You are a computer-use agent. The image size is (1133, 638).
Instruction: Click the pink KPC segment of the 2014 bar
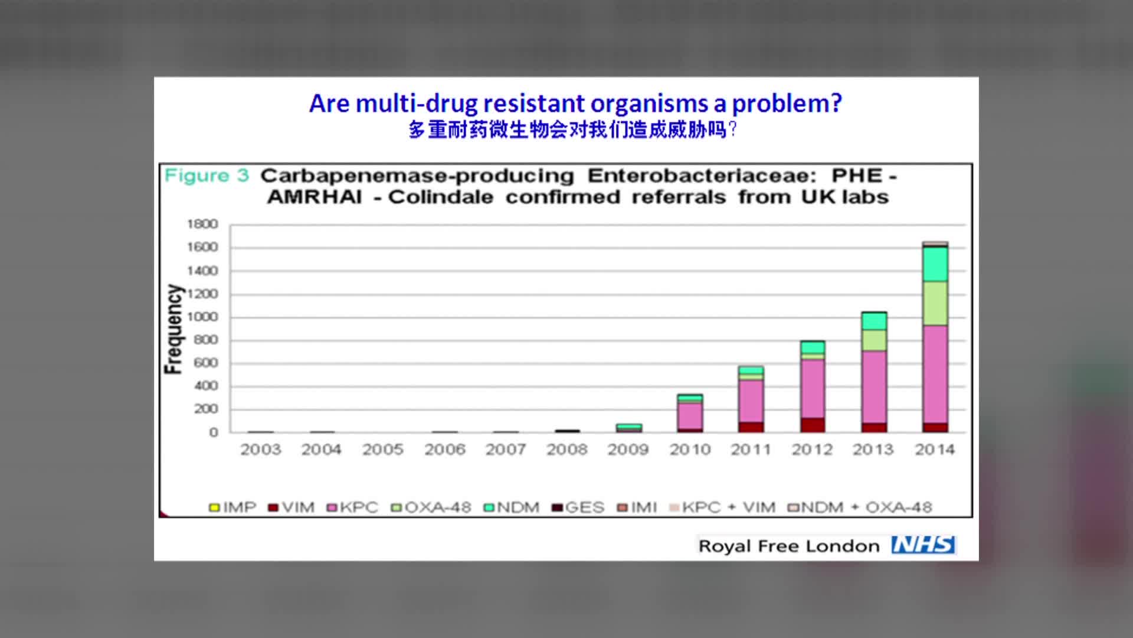(935, 375)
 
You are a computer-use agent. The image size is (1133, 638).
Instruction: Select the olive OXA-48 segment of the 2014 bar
(935, 304)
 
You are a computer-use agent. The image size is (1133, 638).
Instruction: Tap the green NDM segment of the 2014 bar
(935, 264)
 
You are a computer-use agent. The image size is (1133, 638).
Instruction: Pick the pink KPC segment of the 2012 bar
(813, 389)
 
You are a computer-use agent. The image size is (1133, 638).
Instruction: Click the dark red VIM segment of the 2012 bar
(813, 425)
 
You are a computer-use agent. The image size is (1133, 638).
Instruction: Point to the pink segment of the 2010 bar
(690, 416)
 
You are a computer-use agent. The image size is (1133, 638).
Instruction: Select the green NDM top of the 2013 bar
(874, 321)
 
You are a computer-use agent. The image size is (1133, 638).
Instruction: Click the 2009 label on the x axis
(628, 450)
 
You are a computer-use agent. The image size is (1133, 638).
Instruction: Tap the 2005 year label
(383, 450)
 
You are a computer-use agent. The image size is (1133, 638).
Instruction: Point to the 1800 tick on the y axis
(202, 224)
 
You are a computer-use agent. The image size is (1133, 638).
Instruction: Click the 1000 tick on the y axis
(202, 317)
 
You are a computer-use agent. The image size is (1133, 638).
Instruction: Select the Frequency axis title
(173, 329)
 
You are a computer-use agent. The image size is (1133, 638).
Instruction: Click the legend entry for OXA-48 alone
(431, 507)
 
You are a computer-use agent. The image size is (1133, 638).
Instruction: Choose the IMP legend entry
(233, 507)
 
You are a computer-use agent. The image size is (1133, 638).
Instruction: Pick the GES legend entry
(578, 507)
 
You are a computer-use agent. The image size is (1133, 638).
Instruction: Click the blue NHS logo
(924, 545)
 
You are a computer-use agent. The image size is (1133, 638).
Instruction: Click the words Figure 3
(207, 175)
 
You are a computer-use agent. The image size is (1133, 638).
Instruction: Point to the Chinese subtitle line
(573, 129)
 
